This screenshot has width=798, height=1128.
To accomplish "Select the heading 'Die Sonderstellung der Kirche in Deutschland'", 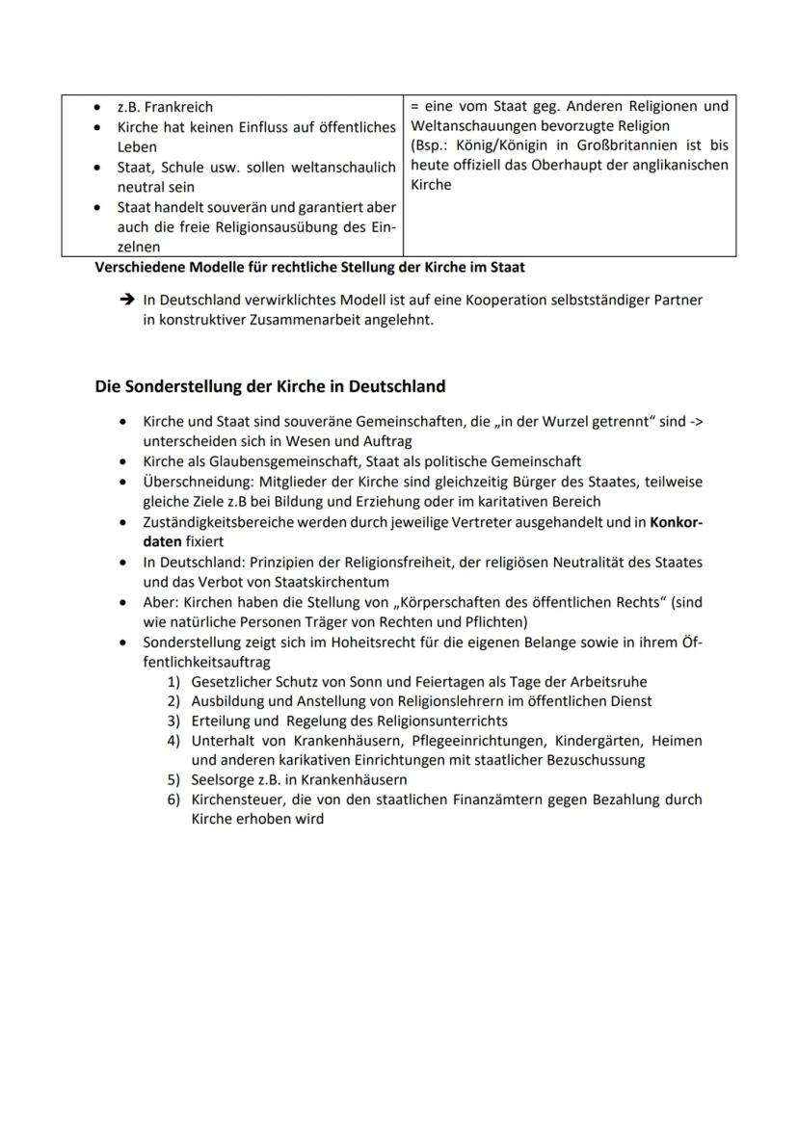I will [x=270, y=386].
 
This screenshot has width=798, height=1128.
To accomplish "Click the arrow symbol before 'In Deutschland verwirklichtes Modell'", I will [x=126, y=301].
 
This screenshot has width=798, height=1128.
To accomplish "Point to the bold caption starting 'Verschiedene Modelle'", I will [x=309, y=266].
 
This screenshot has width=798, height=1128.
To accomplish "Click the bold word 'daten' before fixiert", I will [x=162, y=541].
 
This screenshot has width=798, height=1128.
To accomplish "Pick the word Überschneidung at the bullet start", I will [x=196, y=482].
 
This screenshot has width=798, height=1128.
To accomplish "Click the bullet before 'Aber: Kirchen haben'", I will [x=122, y=602].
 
